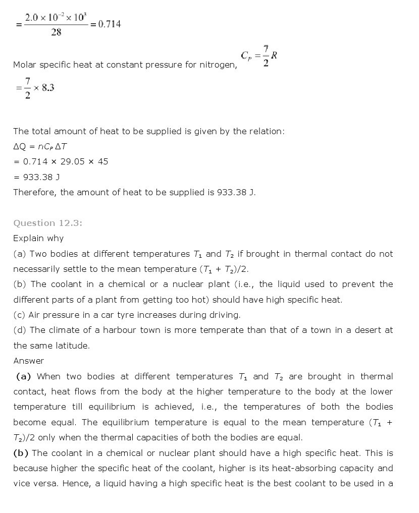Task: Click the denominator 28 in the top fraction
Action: pos(56,32)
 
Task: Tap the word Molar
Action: pos(25,65)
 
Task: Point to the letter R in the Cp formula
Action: pos(274,55)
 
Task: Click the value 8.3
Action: pos(48,88)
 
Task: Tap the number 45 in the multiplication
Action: pos(103,162)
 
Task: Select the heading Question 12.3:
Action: pos(47,223)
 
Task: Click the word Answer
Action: pos(28,361)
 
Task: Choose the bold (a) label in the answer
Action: pos(24,376)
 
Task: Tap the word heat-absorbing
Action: pos(302,468)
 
